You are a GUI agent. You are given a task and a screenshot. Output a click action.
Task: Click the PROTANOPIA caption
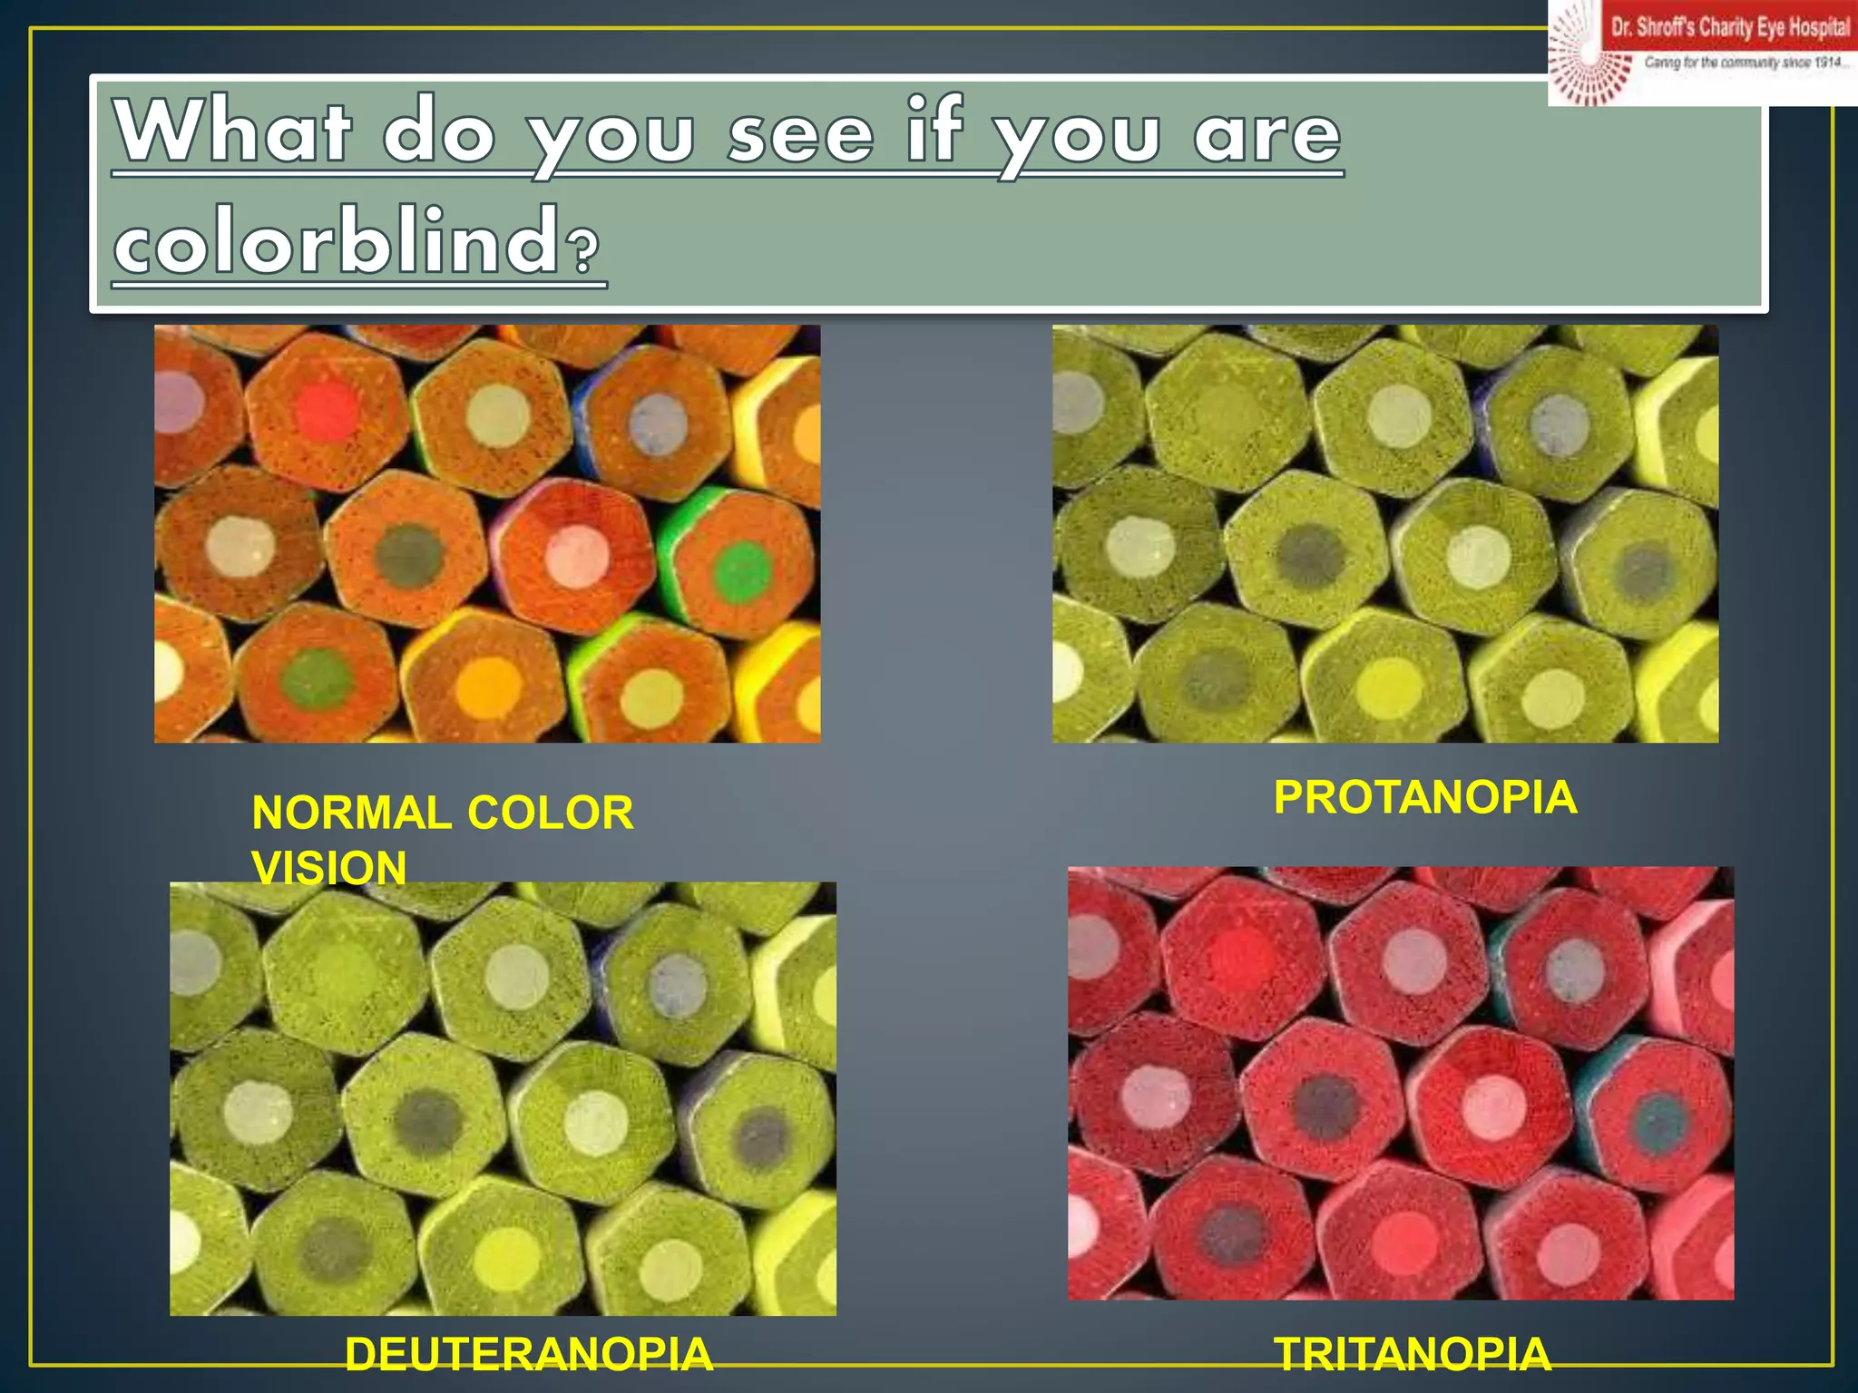pos(1425,798)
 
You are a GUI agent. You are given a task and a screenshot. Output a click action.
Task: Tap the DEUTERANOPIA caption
pos(529,1354)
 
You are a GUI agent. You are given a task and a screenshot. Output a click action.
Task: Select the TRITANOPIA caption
pos(1413,1354)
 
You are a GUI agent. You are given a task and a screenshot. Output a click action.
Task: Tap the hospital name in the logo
pos(1730,27)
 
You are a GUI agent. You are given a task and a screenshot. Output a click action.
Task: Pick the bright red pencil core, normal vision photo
pos(328,410)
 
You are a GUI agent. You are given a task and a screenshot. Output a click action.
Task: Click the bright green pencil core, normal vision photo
pos(742,570)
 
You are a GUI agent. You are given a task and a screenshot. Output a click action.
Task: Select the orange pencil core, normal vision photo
pos(489,686)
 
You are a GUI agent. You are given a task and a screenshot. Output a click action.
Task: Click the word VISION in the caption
pos(328,868)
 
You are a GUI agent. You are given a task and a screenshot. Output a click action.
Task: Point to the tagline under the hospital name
pos(1745,63)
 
